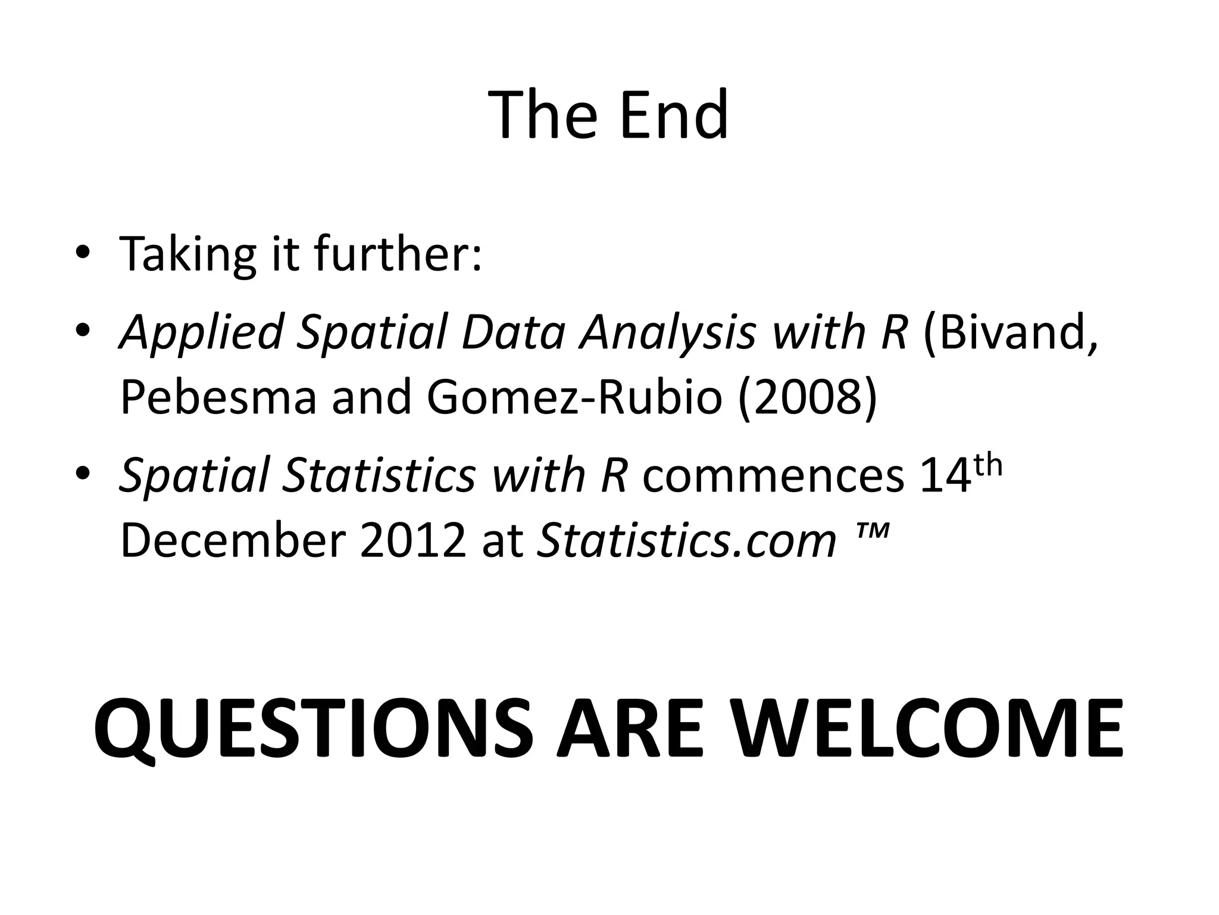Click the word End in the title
[673, 114]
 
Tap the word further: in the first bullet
[398, 254]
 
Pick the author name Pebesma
[218, 397]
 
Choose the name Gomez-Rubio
[574, 397]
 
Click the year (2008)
[808, 397]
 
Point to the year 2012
[412, 540]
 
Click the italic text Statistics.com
[686, 540]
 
